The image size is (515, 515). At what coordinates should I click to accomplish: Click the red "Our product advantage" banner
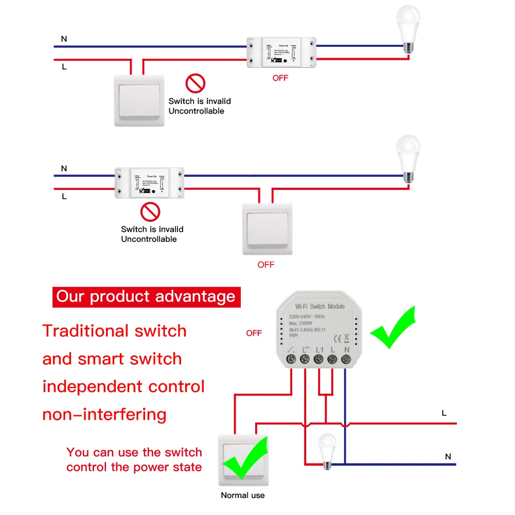pos(146,297)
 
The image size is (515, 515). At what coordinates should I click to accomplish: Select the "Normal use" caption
pos(243,495)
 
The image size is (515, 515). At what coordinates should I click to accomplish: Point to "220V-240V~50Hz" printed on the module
pos(310,316)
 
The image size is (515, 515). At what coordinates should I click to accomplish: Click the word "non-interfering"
pos(104,414)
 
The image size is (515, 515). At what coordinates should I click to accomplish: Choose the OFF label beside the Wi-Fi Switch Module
pos(254,333)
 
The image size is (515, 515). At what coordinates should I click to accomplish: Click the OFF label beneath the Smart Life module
pos(280,78)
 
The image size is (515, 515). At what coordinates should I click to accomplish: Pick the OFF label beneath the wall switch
pos(266,265)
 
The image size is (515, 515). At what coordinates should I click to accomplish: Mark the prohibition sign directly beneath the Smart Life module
pos(151,212)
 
